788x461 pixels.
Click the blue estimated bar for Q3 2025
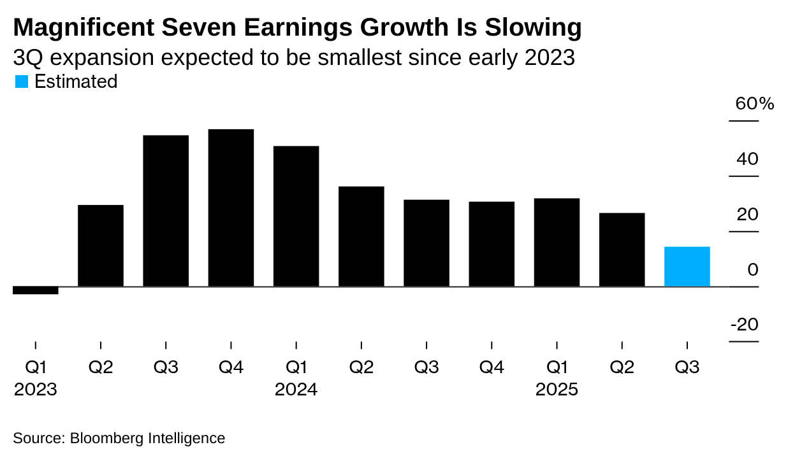coord(687,266)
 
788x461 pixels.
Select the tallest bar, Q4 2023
coord(231,208)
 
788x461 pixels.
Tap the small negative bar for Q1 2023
coord(35,290)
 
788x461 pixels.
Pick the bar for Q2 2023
coord(101,246)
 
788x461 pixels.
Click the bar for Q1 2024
coord(296,216)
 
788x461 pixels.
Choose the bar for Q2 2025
coord(622,250)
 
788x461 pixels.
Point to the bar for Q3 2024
coord(426,243)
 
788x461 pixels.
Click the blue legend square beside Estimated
coord(21,82)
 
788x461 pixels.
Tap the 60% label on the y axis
coord(754,104)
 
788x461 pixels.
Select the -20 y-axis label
coord(744,325)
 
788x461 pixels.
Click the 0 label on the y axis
coord(753,270)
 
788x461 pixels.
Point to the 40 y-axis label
coord(747,159)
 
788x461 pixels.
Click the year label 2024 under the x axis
coord(296,390)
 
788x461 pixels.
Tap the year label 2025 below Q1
coord(557,390)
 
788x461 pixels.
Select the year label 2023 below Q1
coord(35,390)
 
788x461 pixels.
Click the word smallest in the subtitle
coord(360,58)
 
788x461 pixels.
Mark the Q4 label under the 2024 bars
coord(492,367)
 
